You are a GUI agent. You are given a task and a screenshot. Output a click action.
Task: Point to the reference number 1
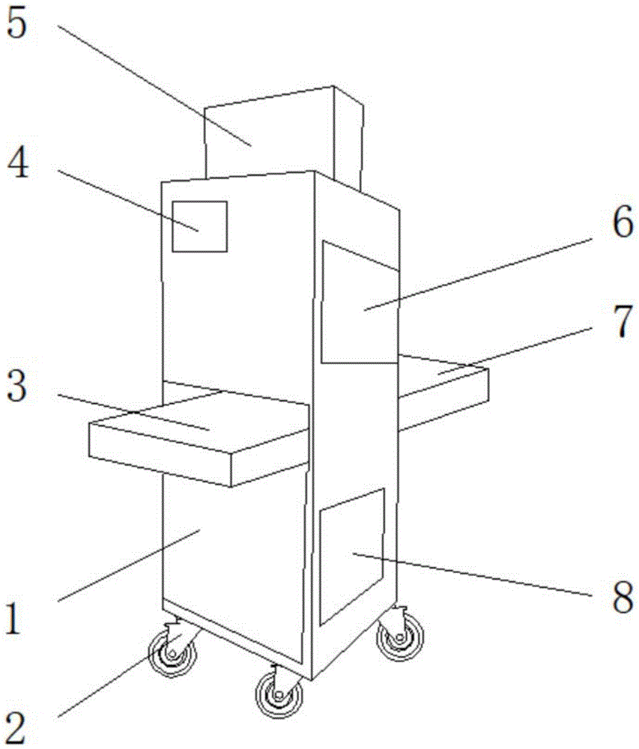16,621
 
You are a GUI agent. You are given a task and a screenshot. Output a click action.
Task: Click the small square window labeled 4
199,226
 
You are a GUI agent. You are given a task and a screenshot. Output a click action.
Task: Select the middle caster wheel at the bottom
279,694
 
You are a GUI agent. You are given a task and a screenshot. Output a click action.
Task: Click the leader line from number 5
150,82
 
